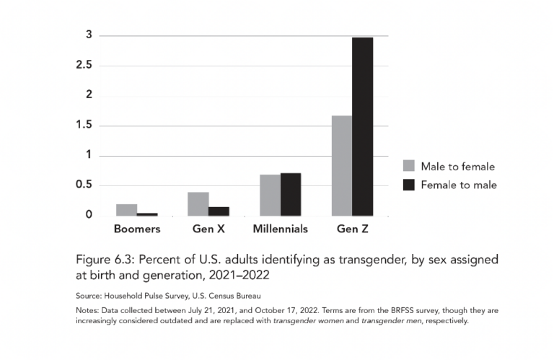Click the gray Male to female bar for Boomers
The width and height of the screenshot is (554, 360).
[x=126, y=210]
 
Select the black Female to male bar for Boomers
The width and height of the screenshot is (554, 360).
[x=147, y=214]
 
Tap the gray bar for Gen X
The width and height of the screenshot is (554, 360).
[x=198, y=204]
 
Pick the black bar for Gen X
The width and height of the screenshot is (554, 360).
[x=219, y=211]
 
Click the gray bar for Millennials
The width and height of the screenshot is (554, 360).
[x=270, y=195]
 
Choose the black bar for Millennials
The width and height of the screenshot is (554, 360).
[x=291, y=194]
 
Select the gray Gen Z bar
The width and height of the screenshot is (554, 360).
[x=342, y=165]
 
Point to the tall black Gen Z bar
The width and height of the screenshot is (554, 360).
[x=363, y=126]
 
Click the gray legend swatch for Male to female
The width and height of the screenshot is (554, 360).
[x=408, y=166]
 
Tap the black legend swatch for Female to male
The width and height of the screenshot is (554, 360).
[x=408, y=185]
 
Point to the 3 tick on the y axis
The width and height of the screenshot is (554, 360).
[x=89, y=35]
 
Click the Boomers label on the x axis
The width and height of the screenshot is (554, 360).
[x=137, y=229]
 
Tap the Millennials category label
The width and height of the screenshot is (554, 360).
[x=280, y=229]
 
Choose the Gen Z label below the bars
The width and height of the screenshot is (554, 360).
[x=353, y=229]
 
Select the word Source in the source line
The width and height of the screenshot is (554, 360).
[x=89, y=296]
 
